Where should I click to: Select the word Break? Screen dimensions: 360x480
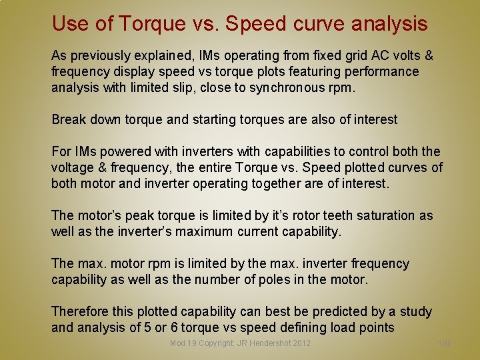(x=69, y=120)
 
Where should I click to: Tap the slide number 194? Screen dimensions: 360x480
(x=444, y=343)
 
